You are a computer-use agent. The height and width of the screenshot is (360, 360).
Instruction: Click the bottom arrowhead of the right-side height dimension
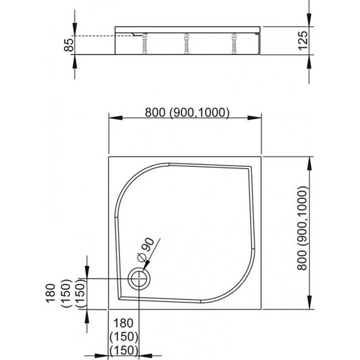(x=309, y=308)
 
